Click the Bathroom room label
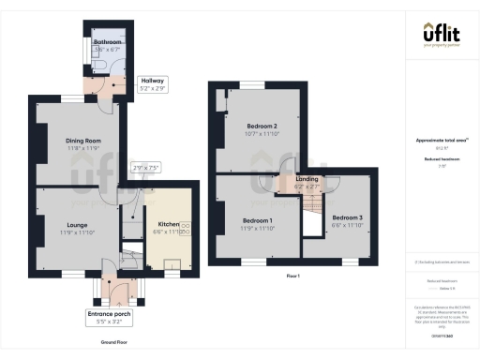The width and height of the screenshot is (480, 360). click(x=106, y=42)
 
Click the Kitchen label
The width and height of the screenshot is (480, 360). click(x=169, y=224)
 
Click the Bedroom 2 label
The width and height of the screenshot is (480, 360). click(x=262, y=126)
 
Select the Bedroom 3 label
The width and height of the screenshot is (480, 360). click(x=346, y=217)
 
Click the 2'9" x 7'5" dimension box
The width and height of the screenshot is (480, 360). click(x=146, y=168)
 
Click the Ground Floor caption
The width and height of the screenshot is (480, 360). click(x=112, y=343)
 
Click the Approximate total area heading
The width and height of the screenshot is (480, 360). click(x=441, y=141)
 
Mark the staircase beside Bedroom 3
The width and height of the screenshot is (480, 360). click(x=312, y=224)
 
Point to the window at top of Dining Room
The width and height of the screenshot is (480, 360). click(x=71, y=97)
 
